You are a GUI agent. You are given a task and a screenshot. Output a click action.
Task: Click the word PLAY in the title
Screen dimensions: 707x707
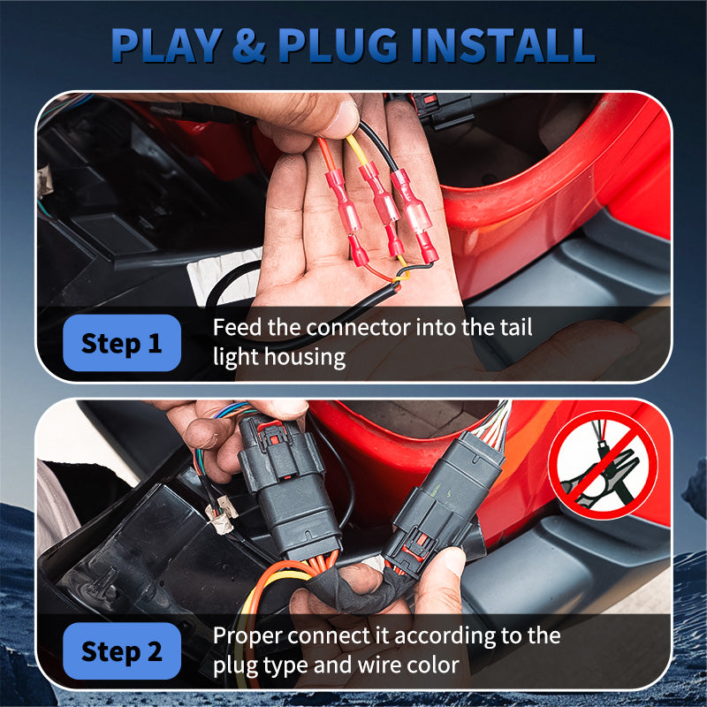pos(167,45)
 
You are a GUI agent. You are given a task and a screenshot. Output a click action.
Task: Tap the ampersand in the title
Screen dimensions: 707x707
pos(249,45)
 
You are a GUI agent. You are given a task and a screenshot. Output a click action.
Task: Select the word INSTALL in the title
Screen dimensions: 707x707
pos(503,45)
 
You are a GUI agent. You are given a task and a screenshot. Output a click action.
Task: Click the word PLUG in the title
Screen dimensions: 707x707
pos(338,45)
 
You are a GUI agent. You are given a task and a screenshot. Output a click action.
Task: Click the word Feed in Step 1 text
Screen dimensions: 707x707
pos(237,327)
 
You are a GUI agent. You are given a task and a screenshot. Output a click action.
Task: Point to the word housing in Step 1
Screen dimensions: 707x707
pos(305,357)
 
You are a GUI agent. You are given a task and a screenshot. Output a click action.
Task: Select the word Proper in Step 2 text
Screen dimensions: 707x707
pos(247,636)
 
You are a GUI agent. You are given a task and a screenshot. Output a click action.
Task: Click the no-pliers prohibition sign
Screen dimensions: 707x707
pos(604,465)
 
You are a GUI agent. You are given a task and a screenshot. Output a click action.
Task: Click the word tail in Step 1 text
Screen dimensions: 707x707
pos(516,327)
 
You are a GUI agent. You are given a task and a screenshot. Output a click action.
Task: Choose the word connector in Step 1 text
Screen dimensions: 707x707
pos(359,328)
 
